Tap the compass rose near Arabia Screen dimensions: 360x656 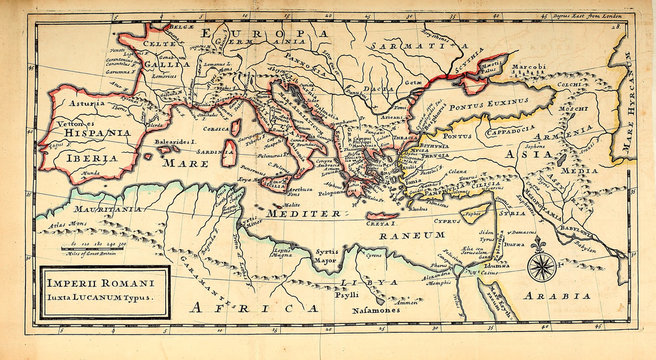tap(541, 266)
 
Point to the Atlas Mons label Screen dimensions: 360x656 tap(63, 226)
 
